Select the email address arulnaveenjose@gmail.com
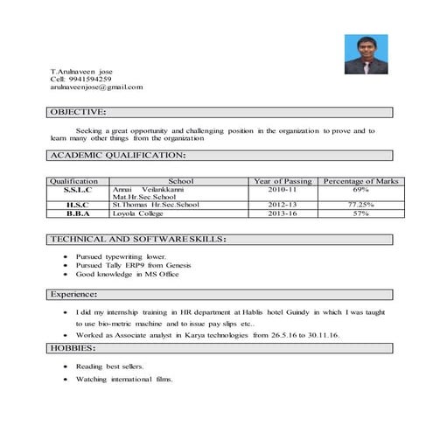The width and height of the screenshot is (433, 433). [x=96, y=87]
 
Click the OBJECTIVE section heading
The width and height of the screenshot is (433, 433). [x=78, y=112]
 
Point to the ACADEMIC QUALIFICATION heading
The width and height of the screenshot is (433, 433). [x=117, y=155]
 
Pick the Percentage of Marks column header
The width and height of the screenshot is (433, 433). [x=360, y=181]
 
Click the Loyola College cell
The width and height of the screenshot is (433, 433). [x=139, y=213]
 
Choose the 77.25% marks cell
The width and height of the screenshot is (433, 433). [x=360, y=205]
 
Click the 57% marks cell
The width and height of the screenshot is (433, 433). [x=360, y=213]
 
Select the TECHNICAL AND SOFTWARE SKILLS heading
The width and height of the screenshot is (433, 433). [x=138, y=239]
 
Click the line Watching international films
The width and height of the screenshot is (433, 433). [x=124, y=380]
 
